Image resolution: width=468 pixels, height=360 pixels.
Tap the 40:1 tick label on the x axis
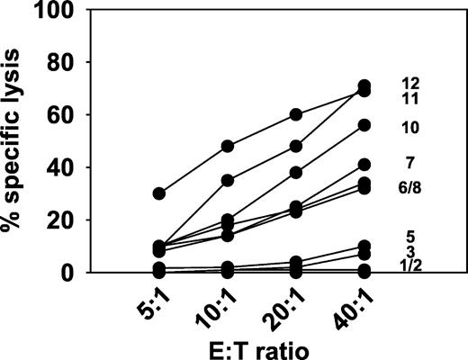tap(355, 308)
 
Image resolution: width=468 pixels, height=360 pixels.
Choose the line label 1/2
tap(414, 264)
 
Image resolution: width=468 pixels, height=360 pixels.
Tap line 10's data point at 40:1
tap(365, 125)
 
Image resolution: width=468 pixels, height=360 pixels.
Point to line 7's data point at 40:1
tap(365, 165)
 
